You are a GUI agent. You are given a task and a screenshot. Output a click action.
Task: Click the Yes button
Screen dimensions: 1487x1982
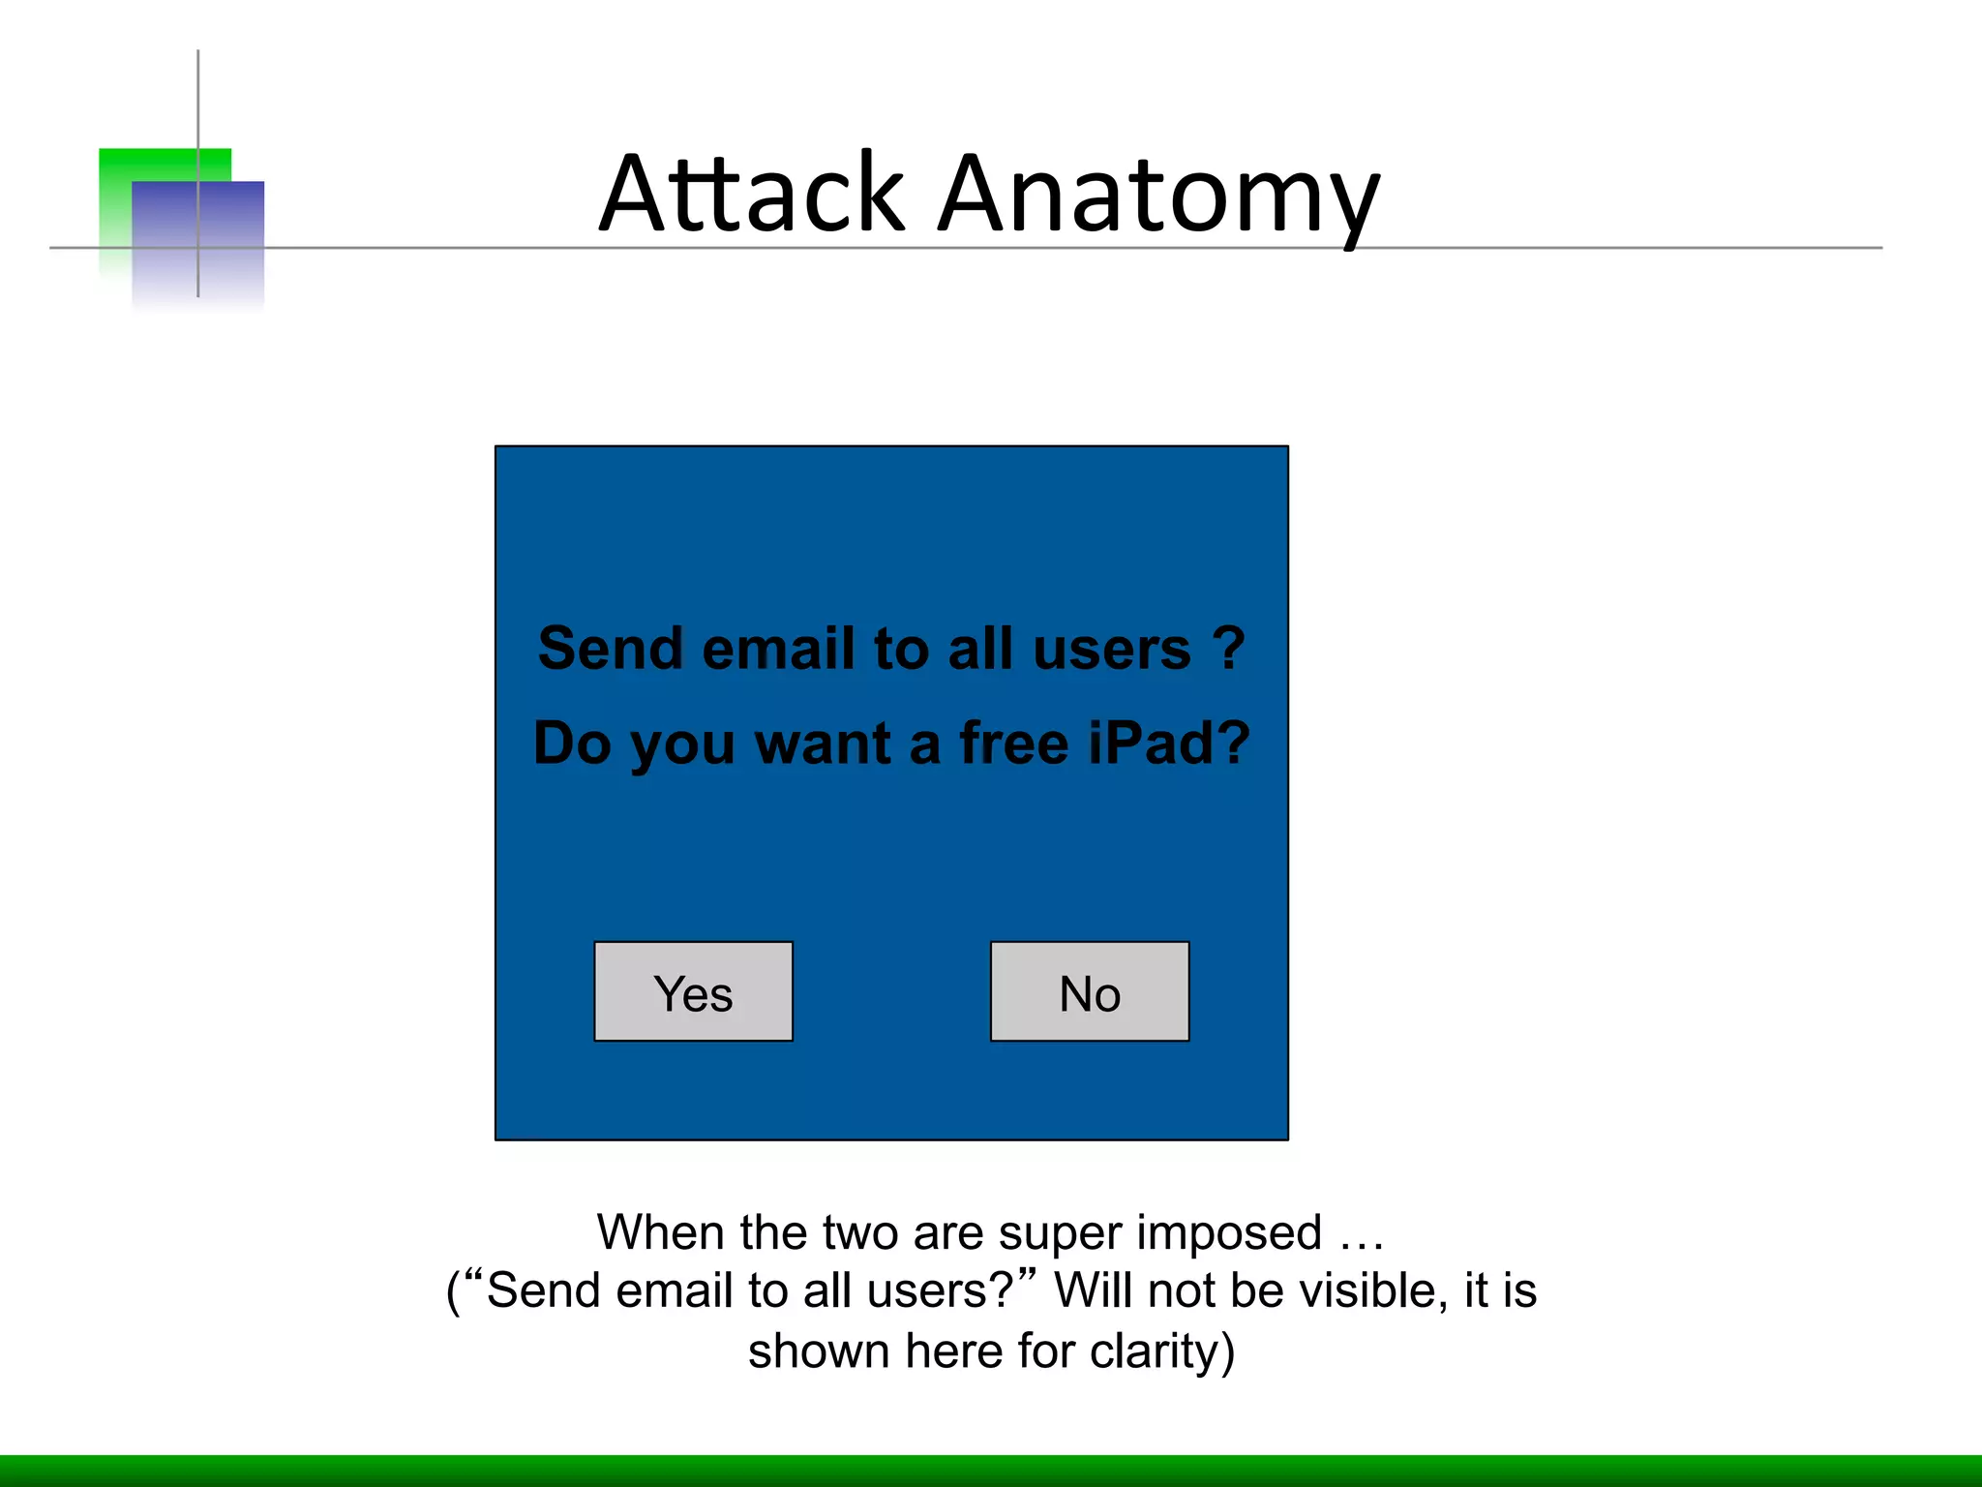[x=693, y=991]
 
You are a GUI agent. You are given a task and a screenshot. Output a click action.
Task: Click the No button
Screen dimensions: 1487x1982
[x=1090, y=991]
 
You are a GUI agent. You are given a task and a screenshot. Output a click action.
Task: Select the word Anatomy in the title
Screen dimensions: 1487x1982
[x=1158, y=197]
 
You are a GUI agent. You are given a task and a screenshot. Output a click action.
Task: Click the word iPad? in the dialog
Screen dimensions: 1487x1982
[x=1169, y=743]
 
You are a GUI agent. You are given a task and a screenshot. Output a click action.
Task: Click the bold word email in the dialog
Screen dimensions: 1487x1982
[x=778, y=648]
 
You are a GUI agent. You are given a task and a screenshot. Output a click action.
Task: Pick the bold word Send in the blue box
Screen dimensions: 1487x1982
[x=611, y=648]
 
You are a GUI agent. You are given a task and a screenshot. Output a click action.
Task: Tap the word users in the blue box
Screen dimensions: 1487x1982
[x=1112, y=648]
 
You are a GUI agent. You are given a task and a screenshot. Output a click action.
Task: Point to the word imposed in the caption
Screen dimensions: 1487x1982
[x=1229, y=1233]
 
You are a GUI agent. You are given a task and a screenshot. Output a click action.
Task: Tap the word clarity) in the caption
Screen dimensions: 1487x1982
[x=1162, y=1351]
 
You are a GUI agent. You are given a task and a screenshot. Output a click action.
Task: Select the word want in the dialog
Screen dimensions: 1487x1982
[x=823, y=743]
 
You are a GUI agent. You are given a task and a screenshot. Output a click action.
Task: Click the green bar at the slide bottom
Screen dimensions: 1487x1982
[x=991, y=1471]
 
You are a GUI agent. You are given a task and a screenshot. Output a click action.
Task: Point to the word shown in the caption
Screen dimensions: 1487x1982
[x=819, y=1351]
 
